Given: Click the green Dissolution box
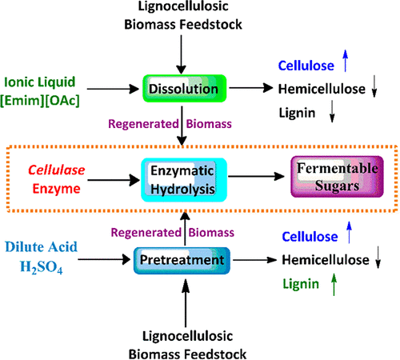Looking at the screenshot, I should coord(184,90).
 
